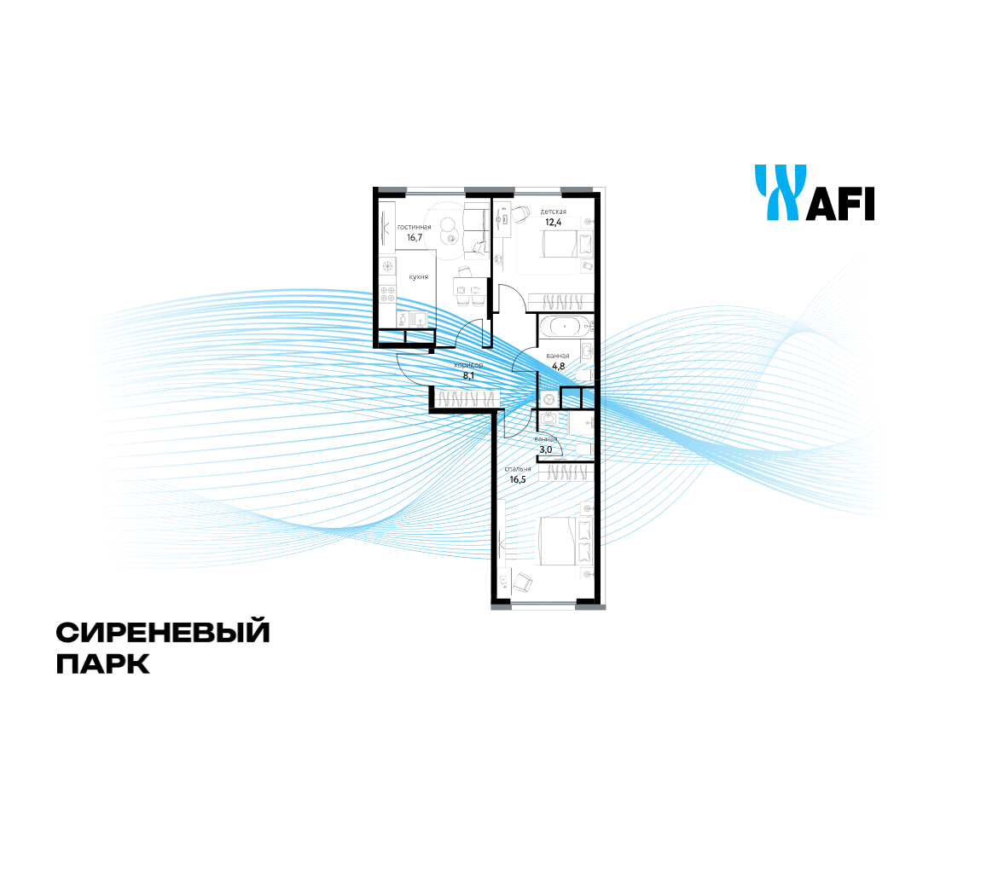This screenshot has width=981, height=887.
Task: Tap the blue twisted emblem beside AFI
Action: point(780,193)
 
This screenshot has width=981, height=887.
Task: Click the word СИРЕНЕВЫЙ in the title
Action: point(163,633)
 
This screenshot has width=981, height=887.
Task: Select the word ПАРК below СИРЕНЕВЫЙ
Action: point(102,664)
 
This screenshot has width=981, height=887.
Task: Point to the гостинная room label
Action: point(414,227)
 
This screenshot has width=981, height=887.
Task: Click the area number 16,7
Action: point(415,238)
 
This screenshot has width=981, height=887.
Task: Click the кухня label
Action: point(418,277)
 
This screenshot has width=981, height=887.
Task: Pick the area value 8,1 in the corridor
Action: point(468,374)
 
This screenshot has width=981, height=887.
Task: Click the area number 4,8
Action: point(558,366)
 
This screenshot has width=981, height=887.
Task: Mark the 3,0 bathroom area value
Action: point(545,449)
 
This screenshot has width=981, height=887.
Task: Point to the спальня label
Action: point(518,469)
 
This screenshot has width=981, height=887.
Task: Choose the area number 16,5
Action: point(518,479)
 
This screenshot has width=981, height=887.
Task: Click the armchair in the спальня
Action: point(522,583)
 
